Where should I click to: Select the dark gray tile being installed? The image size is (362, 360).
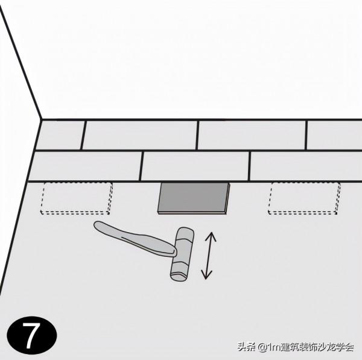[194, 198]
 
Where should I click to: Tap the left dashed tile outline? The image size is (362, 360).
[76, 198]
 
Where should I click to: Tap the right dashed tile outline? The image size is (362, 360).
[303, 198]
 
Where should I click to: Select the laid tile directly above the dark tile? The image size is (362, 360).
[195, 166]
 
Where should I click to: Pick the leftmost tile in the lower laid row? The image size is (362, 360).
[86, 166]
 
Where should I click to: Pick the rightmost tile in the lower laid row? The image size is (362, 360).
[306, 166]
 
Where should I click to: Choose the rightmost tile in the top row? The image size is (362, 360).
[334, 135]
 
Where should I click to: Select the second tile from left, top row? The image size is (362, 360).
[140, 135]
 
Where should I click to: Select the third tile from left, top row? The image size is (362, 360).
[252, 135]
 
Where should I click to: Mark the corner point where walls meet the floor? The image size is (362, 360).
[41, 119]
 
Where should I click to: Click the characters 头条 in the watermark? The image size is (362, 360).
[246, 347]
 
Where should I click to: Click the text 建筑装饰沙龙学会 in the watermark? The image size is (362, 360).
[317, 347]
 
